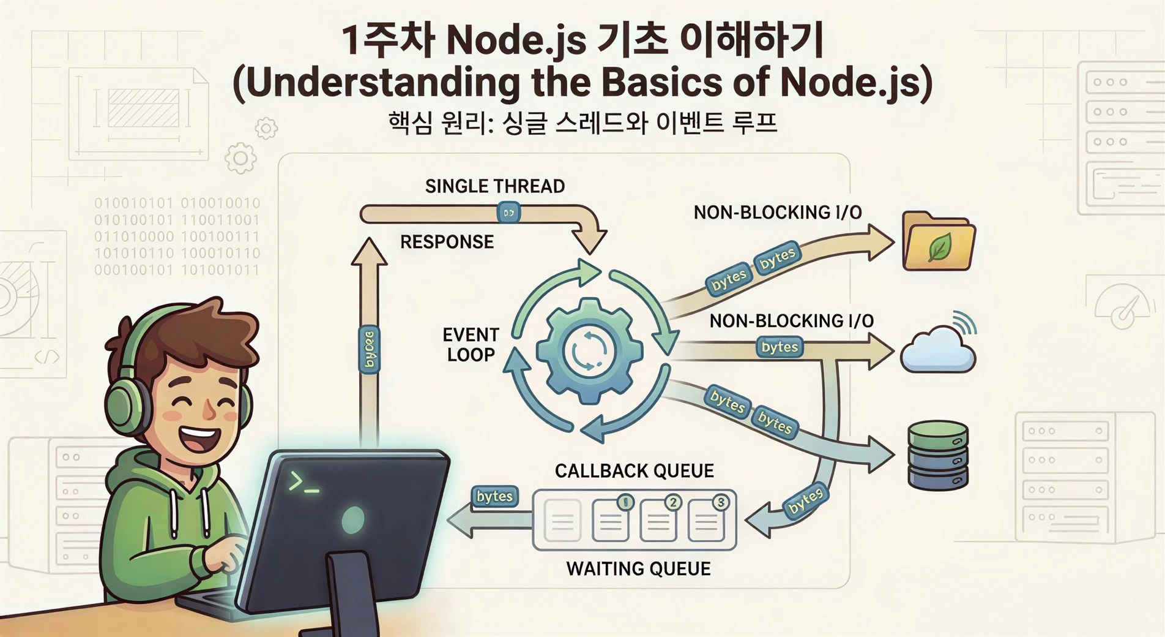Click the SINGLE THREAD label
[x=494, y=186]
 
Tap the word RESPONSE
[x=447, y=242]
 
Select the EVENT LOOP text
[x=471, y=345]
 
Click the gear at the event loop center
[x=589, y=351]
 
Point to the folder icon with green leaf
[x=939, y=243]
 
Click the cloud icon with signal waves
[x=938, y=349]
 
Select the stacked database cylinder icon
[x=938, y=454]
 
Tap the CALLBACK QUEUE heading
[x=634, y=471]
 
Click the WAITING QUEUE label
[x=638, y=569]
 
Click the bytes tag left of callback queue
[x=494, y=496]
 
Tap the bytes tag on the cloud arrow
[x=780, y=347]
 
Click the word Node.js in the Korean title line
[x=516, y=40]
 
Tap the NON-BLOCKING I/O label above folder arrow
[x=777, y=213]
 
